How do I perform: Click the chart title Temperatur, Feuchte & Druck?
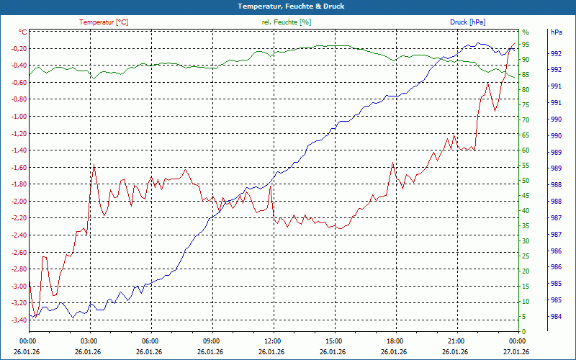[x=288, y=6]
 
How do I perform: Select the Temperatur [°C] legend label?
[x=104, y=22]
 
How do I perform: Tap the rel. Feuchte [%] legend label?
[x=287, y=22]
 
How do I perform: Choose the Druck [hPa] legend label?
[x=467, y=22]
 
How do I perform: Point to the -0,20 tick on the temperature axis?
[x=15, y=49]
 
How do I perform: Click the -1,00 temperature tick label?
[x=15, y=117]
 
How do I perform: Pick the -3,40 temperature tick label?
[x=15, y=320]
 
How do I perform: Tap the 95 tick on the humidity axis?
[x=526, y=44]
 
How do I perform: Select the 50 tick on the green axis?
[x=526, y=180]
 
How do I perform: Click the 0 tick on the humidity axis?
[x=523, y=331]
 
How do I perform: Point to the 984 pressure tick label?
[x=556, y=317]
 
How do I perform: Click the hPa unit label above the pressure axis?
[x=557, y=32]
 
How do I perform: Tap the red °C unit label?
[x=22, y=32]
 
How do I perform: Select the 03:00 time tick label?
[x=89, y=341]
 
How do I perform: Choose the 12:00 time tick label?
[x=272, y=341]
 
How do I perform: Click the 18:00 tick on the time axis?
[x=395, y=341]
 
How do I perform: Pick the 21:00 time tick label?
[x=456, y=341]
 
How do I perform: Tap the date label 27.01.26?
[x=517, y=351]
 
